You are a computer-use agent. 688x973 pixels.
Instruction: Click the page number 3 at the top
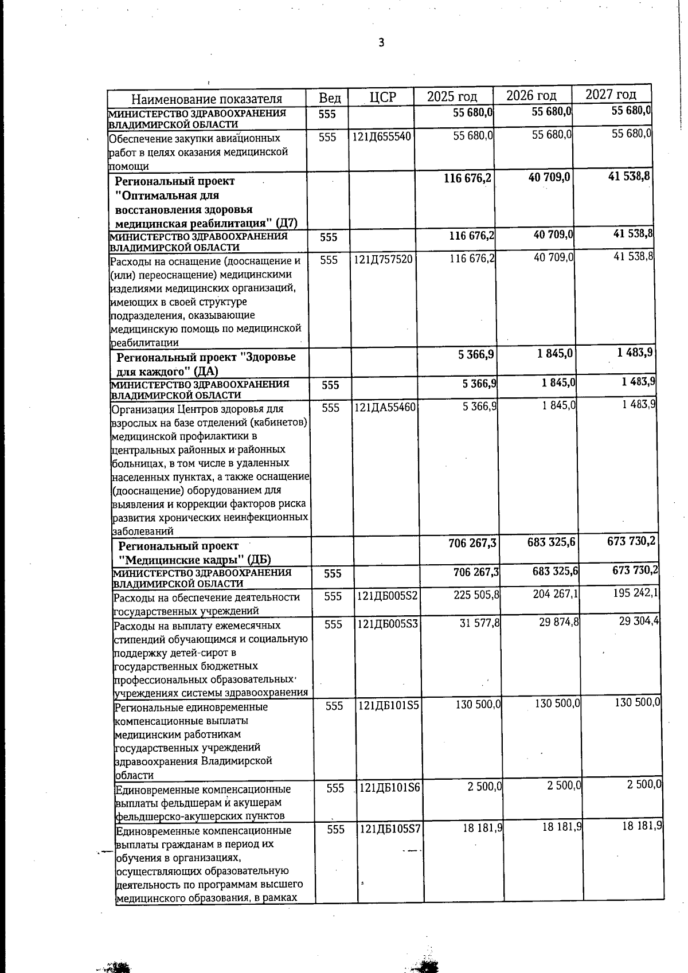(x=381, y=43)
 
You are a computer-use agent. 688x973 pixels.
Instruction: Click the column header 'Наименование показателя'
(x=206, y=99)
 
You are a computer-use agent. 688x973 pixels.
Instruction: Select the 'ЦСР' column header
(x=382, y=97)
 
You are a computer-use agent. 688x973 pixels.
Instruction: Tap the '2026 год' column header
(x=531, y=95)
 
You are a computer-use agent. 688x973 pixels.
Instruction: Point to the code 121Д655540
(x=382, y=137)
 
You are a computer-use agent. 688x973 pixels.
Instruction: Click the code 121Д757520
(x=383, y=260)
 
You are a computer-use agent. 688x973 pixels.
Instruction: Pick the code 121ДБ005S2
(x=388, y=596)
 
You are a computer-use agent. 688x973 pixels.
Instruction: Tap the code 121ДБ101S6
(x=390, y=788)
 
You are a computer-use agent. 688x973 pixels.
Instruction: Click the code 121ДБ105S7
(x=390, y=829)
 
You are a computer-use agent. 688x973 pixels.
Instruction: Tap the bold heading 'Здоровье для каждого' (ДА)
(x=206, y=364)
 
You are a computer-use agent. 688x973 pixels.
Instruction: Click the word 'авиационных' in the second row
(x=252, y=139)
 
